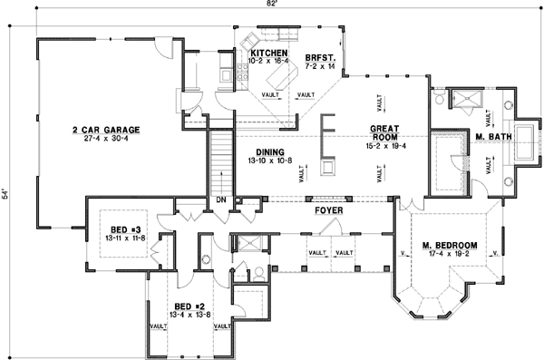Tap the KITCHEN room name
[268, 54]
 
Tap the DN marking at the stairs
[219, 199]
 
